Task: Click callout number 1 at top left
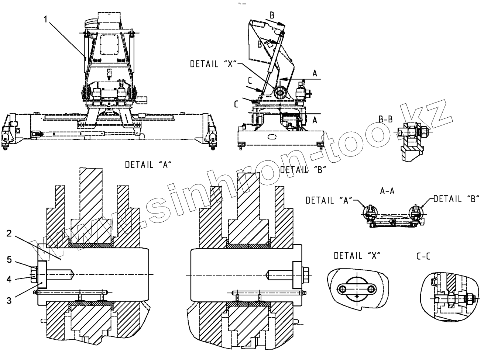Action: (x=45, y=19)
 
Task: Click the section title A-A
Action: (x=387, y=191)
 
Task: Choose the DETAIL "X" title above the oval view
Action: (x=357, y=256)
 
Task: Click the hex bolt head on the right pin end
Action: (x=306, y=276)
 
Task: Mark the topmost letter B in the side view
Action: (x=272, y=15)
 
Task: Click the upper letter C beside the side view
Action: (x=250, y=80)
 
